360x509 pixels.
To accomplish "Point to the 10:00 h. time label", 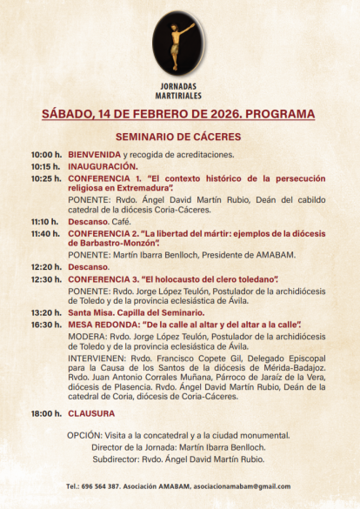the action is [46, 154].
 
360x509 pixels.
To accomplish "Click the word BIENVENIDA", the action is [95, 154].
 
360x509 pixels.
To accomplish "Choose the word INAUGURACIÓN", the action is [103, 165].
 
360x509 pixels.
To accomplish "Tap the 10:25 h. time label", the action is [46, 177].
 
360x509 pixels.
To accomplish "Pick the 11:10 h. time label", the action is [46, 222].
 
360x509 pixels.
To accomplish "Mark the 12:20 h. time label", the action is [46, 266].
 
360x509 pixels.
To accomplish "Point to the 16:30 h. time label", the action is [46, 323].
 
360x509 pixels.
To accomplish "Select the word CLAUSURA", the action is [92, 413].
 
